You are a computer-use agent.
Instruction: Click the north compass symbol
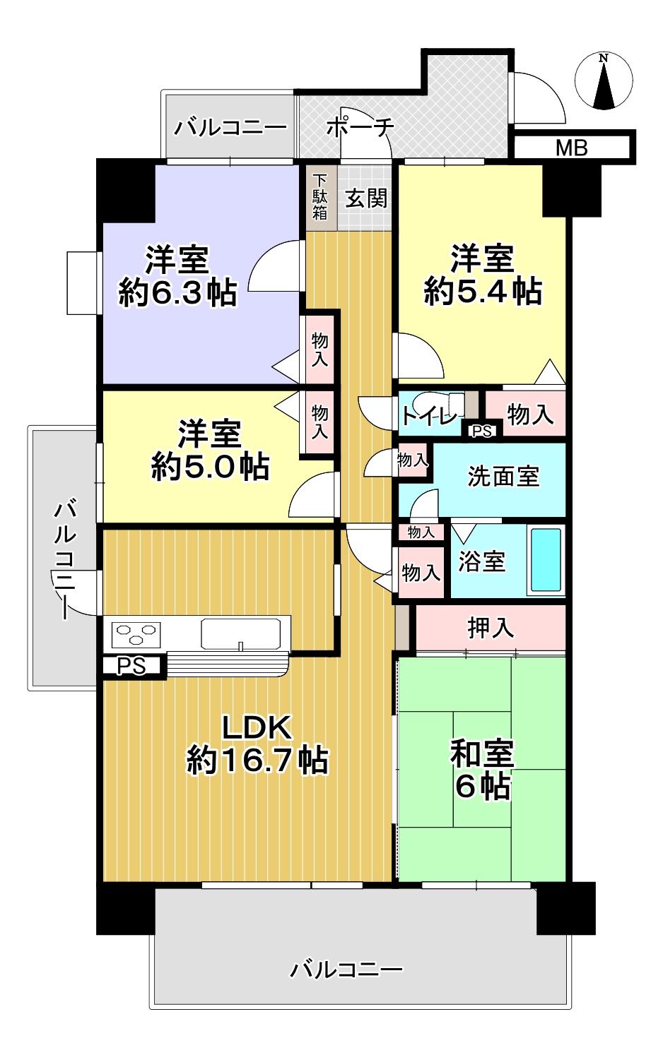[x=605, y=83]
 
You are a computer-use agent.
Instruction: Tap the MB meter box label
[x=571, y=148]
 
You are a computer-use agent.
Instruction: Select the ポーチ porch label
[x=360, y=128]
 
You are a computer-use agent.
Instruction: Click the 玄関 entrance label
[x=366, y=198]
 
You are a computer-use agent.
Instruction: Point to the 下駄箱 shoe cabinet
[x=321, y=196]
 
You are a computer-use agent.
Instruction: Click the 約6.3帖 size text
[x=177, y=292]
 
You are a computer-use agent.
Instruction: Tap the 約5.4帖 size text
[x=483, y=290]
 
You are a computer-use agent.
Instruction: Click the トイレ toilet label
[x=429, y=416]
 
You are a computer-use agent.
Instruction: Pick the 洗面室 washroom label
[x=503, y=477]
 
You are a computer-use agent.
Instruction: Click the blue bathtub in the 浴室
[x=546, y=561]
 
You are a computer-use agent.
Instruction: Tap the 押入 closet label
[x=490, y=627]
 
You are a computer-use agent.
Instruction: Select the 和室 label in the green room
[x=483, y=753]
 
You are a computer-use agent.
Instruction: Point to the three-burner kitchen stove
[x=134, y=633]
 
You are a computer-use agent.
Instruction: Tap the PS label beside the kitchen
[x=131, y=666]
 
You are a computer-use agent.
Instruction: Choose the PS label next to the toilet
[x=482, y=431]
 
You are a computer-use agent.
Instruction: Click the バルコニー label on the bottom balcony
[x=346, y=969]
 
